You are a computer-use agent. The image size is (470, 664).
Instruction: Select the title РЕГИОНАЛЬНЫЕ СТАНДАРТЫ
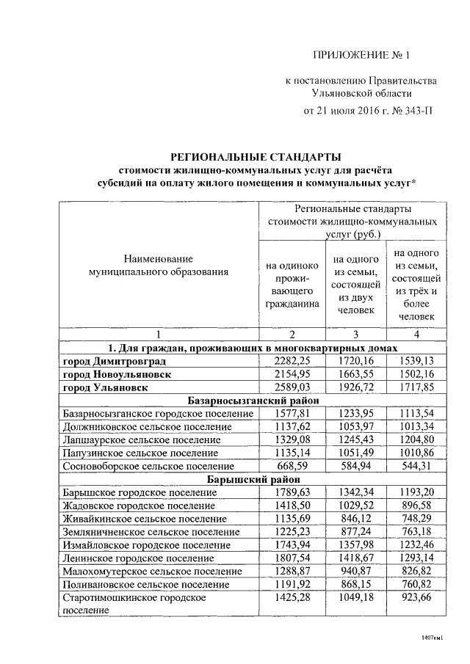click(256, 156)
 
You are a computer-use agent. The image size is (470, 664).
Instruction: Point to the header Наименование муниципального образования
click(158, 265)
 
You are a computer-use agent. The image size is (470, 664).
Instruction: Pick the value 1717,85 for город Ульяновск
click(416, 387)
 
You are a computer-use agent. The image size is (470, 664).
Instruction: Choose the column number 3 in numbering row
click(355, 335)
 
